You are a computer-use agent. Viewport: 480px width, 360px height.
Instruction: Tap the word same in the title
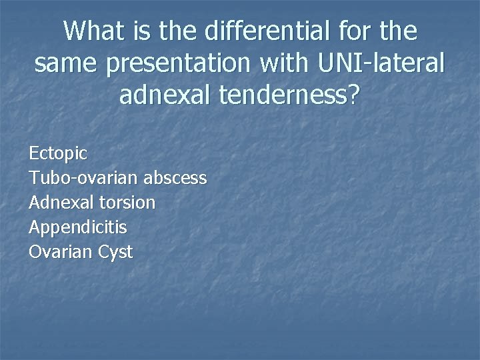point(65,63)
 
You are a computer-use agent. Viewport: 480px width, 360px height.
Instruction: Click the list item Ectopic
point(58,153)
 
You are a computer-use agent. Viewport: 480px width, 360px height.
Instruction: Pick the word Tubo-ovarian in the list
point(83,178)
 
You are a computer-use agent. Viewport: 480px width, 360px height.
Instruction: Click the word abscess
point(175,178)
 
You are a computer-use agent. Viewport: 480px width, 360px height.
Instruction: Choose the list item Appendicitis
point(77,228)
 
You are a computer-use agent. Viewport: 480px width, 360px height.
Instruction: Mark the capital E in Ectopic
point(33,153)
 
